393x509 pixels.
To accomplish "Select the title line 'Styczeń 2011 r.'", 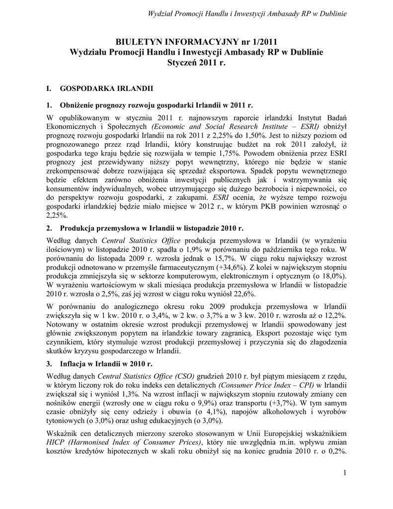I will coord(196,64).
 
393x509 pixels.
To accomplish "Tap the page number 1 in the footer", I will coord(344,472).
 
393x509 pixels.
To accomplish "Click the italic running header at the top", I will coord(247,13).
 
